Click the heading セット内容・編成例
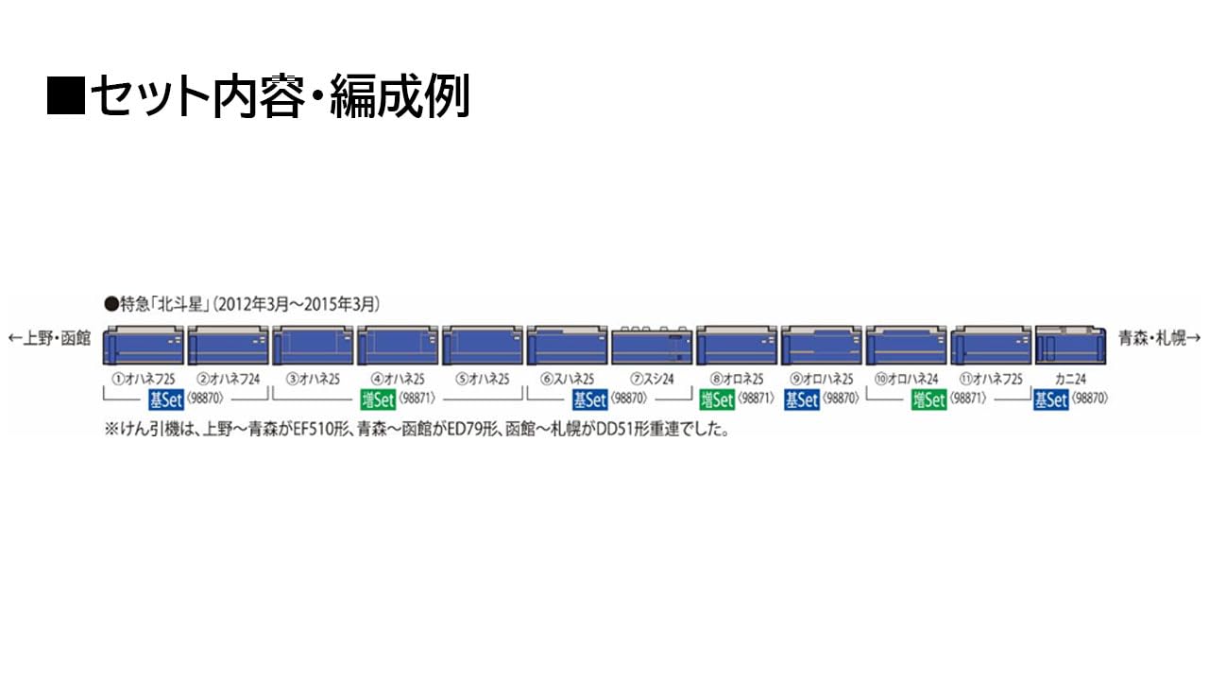258,96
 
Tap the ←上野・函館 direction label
49,338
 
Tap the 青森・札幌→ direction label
1159,338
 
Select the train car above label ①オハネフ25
143,345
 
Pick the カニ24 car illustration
1071,345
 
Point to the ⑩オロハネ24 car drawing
906,345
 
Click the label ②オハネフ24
227,380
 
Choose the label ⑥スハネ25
567,380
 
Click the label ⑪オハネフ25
990,380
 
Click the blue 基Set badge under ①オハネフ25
165,399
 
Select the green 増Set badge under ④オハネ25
378,399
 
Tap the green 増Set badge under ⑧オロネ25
717,399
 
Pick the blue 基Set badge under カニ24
1050,399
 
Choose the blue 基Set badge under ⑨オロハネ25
802,399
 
